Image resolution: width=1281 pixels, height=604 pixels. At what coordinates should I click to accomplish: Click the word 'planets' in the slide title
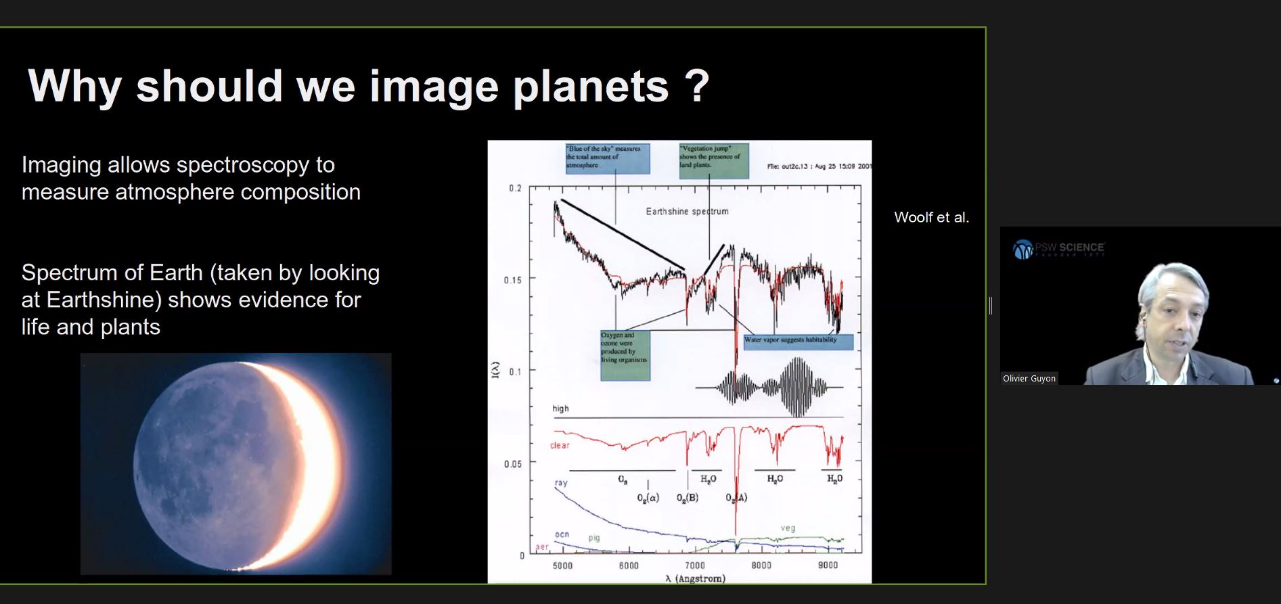coord(590,87)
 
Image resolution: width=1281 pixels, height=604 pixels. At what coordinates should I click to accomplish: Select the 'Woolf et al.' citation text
coord(931,217)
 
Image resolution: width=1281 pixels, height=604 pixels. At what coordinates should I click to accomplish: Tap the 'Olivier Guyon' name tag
coord(1029,378)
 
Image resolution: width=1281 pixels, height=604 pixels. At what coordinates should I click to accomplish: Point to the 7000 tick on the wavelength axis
coord(695,565)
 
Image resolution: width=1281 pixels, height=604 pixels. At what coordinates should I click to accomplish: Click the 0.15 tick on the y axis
coord(512,279)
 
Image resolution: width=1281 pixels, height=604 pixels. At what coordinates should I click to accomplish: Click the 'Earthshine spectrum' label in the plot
coord(687,211)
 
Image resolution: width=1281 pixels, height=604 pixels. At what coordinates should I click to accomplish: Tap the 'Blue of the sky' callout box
coord(607,158)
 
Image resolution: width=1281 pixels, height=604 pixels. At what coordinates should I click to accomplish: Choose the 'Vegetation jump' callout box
coord(713,160)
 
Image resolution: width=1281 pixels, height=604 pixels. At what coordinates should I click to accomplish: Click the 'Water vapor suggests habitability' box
coord(797,341)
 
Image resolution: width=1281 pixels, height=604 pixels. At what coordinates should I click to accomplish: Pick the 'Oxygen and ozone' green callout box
coord(625,354)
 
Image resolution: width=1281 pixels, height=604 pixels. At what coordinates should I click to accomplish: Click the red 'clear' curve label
coord(560,445)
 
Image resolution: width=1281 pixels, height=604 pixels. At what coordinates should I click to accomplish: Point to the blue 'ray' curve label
coord(561,483)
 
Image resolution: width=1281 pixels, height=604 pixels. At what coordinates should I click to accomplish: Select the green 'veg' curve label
coord(788,528)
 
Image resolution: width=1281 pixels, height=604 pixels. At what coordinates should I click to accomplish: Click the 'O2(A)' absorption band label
coord(736,498)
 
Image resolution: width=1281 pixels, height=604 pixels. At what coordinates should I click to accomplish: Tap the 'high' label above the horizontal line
coord(560,409)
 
